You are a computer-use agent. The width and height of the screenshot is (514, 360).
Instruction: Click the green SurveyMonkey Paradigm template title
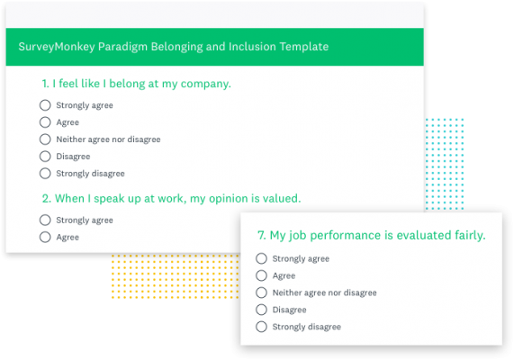174,46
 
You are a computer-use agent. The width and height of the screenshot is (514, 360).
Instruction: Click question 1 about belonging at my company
136,84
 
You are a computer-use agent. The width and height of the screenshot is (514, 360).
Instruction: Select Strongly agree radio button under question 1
45,105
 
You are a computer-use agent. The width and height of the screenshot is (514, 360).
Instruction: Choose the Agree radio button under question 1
45,122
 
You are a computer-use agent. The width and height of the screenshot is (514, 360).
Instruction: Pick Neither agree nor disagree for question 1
45,139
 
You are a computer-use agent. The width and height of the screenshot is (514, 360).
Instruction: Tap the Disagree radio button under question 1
45,157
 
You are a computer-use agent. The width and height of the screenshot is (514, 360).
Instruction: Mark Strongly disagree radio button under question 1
45,174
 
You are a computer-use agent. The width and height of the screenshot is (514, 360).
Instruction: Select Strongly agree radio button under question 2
45,220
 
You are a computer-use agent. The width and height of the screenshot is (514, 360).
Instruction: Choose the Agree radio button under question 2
45,237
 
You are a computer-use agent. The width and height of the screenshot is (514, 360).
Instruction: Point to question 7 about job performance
371,236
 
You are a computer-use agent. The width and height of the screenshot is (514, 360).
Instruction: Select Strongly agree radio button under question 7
262,258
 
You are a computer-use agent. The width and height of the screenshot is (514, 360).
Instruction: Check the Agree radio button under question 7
262,275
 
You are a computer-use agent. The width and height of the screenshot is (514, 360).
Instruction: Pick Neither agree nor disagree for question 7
262,292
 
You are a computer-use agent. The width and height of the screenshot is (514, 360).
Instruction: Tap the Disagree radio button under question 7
262,310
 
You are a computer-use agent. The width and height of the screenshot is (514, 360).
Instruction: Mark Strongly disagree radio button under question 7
262,327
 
